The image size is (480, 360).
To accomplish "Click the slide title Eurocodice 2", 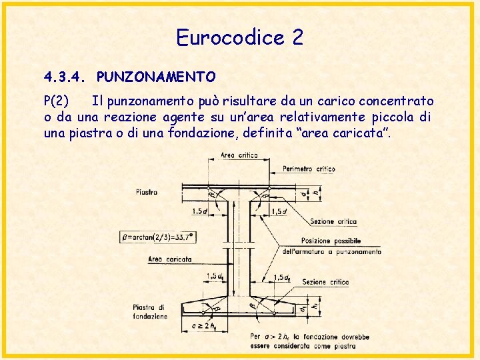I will click(239, 37).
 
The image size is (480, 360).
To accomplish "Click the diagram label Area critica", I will click(239, 156).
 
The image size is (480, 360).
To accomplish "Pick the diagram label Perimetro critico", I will click(309, 169).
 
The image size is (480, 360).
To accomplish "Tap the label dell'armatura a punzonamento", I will click(332, 252).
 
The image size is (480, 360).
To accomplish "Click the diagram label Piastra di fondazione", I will click(150, 311).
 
